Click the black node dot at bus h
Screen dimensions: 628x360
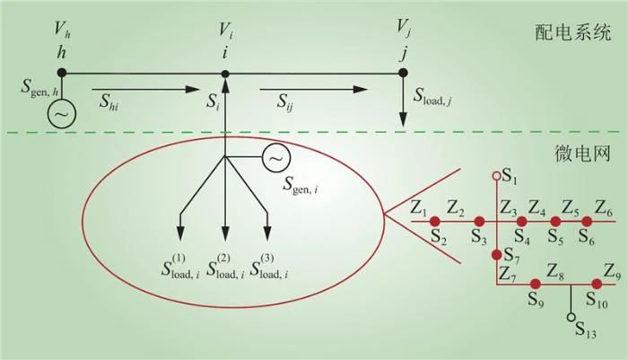(x=62, y=73)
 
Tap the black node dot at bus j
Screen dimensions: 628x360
(x=404, y=73)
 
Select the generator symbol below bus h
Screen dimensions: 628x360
(x=62, y=114)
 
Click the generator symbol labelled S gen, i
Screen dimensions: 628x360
(x=276, y=158)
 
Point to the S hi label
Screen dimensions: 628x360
(x=109, y=101)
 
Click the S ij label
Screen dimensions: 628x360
(x=284, y=101)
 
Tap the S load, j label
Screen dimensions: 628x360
(x=433, y=96)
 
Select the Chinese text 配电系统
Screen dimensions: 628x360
(x=573, y=32)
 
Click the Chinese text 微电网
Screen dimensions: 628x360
(x=582, y=154)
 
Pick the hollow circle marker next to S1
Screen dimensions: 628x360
(x=497, y=176)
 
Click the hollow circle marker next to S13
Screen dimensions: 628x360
(x=571, y=318)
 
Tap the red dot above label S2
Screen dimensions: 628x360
(x=435, y=221)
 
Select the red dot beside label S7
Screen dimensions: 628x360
(x=497, y=255)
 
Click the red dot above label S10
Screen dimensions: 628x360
(x=597, y=285)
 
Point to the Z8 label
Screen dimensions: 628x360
(x=556, y=273)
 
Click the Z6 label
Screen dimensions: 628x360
(x=603, y=208)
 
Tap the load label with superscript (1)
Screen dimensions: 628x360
(x=180, y=267)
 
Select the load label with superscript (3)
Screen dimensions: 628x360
(x=269, y=267)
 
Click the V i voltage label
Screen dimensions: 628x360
(x=226, y=31)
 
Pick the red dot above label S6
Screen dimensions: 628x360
(x=587, y=221)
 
